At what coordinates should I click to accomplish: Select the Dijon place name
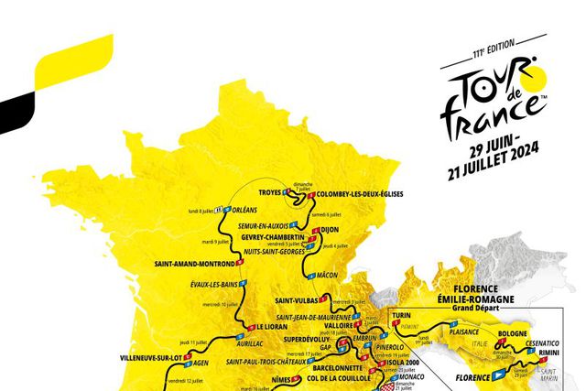pos(336,231)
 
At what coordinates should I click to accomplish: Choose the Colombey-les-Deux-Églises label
pos(360,194)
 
